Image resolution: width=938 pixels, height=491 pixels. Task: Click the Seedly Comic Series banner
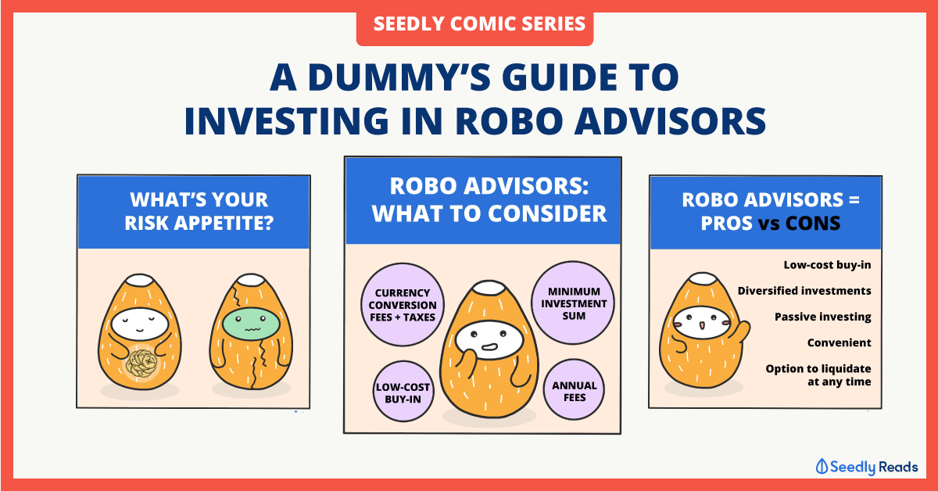475,25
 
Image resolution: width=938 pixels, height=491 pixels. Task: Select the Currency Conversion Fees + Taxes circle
403,305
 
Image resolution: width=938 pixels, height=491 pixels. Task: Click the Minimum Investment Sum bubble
573,303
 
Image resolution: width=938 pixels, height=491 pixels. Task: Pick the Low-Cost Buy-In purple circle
403,392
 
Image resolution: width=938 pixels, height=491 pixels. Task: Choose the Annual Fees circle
574,390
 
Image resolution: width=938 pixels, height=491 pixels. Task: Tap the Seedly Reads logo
866,467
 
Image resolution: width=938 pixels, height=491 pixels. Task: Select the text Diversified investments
804,291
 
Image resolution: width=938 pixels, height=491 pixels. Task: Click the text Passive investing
822,317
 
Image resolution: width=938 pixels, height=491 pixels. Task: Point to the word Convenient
839,343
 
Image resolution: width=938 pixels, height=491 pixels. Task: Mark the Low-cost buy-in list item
827,265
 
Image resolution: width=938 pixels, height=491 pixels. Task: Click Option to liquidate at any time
818,375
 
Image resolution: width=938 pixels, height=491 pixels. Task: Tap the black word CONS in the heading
813,224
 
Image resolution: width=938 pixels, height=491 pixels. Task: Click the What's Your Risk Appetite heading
199,212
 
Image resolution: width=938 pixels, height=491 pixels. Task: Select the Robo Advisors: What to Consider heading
489,200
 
